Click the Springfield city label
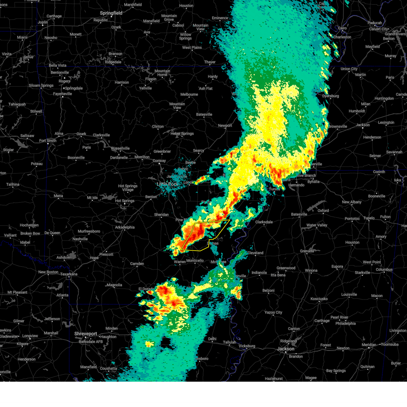tap(111, 13)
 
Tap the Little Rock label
tap(167, 184)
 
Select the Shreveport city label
tap(86, 334)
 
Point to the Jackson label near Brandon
tap(286, 349)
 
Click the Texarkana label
tap(69, 274)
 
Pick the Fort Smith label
tap(48, 141)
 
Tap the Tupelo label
tap(369, 218)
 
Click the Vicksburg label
tap(247, 346)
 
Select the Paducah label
tap(375, 23)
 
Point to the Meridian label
tap(369, 345)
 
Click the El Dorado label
tap(146, 289)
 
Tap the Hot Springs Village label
tap(128, 188)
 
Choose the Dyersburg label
tap(331, 96)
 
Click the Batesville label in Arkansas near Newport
tap(204, 115)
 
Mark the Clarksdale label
tap(264, 222)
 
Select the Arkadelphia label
tap(125, 227)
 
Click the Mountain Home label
tap(162, 73)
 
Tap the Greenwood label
tap(286, 268)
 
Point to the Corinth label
tap(379, 172)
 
